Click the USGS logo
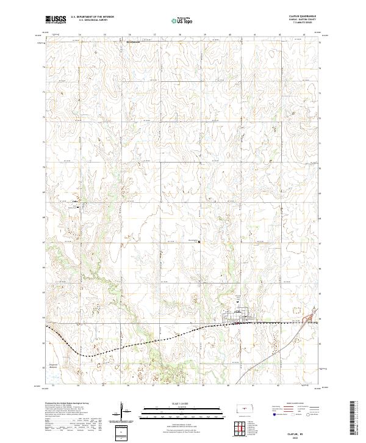pos(56,20)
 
